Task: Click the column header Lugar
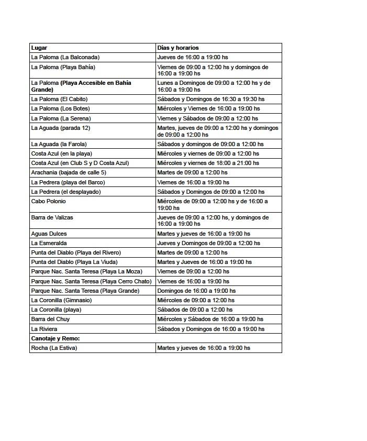39,48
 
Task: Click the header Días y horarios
178,48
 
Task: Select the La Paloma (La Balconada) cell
65,57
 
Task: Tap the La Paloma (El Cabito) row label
59,99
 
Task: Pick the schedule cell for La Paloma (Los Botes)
208,108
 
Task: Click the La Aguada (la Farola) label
59,144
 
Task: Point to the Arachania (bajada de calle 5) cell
69,172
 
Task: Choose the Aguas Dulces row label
49,234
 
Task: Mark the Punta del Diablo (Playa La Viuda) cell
74,262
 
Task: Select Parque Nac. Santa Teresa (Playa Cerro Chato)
91,281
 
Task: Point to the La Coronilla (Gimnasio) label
61,300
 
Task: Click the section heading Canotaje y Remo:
55,338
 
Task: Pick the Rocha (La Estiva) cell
54,348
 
